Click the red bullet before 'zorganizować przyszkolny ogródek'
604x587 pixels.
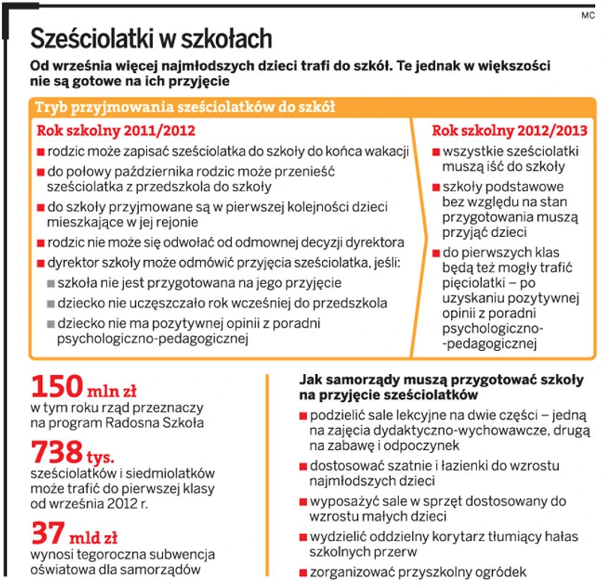click(x=302, y=569)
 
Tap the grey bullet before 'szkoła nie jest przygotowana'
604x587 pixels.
click(x=50, y=283)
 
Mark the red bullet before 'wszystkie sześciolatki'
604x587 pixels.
click(x=437, y=151)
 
